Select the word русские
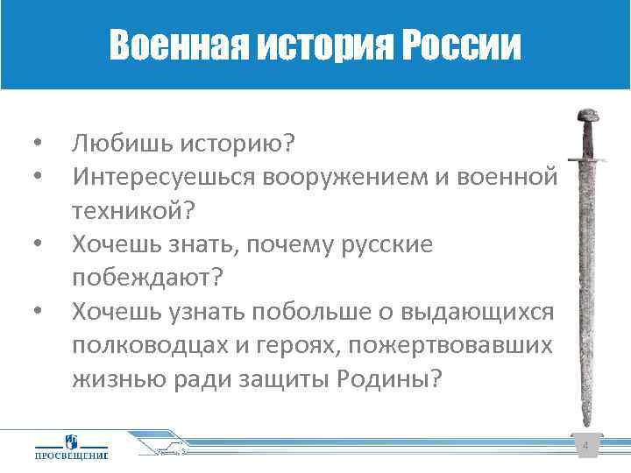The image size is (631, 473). click(x=382, y=245)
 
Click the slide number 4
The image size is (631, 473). click(x=585, y=448)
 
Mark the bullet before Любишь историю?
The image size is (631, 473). click(x=36, y=141)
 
